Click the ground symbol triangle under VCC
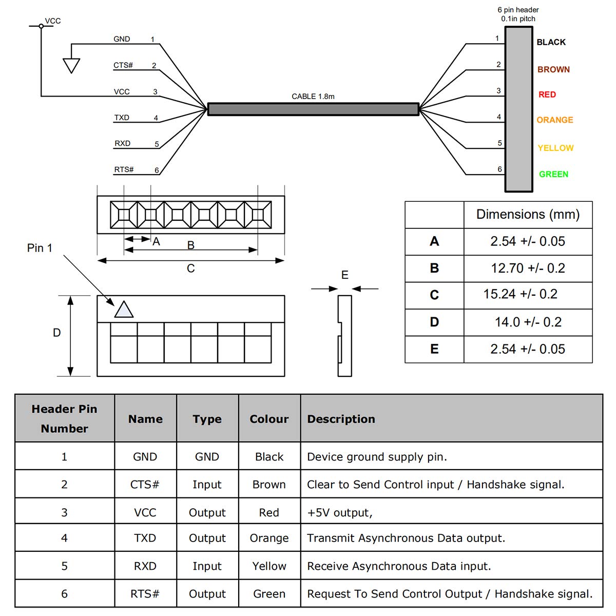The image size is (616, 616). pyautogui.click(x=71, y=65)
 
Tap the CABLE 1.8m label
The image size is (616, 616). pyautogui.click(x=313, y=96)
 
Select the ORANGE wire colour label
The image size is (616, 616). pyautogui.click(x=554, y=120)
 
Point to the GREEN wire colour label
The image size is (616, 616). pyautogui.click(x=553, y=175)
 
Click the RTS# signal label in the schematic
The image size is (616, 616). pyautogui.click(x=124, y=169)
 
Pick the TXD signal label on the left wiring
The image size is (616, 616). pyautogui.click(x=122, y=118)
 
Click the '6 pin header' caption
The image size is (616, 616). pyautogui.click(x=518, y=10)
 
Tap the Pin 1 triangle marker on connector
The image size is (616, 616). pyautogui.click(x=124, y=310)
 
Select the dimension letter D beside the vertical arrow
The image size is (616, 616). pyautogui.click(x=57, y=333)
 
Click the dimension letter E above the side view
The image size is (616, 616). pyautogui.click(x=345, y=275)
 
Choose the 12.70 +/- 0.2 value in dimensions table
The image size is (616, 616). pyautogui.click(x=528, y=268)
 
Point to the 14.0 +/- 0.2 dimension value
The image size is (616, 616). pyautogui.click(x=528, y=322)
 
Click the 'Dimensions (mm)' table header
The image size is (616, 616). pyautogui.click(x=528, y=214)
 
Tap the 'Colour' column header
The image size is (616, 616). pyautogui.click(x=269, y=419)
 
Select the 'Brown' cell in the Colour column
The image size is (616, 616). pyautogui.click(x=269, y=485)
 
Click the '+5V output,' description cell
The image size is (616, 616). pyautogui.click(x=340, y=512)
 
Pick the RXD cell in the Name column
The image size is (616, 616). pyautogui.click(x=145, y=566)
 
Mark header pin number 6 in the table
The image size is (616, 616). pyautogui.click(x=64, y=594)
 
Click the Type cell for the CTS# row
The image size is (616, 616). pyautogui.click(x=207, y=485)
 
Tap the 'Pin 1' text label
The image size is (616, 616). pyautogui.click(x=40, y=248)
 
